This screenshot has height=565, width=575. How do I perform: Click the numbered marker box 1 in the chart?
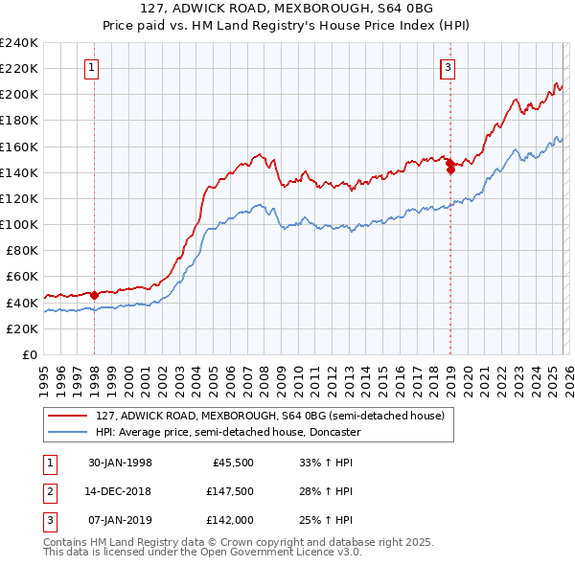[x=91, y=67]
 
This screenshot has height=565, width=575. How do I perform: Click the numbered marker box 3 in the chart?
[x=448, y=67]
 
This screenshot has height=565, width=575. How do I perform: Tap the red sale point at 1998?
[x=94, y=296]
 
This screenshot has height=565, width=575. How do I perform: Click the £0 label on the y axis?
[x=29, y=354]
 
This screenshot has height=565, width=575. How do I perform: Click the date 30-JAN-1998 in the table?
[x=120, y=462]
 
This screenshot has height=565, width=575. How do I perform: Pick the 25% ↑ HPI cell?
[x=326, y=520]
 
